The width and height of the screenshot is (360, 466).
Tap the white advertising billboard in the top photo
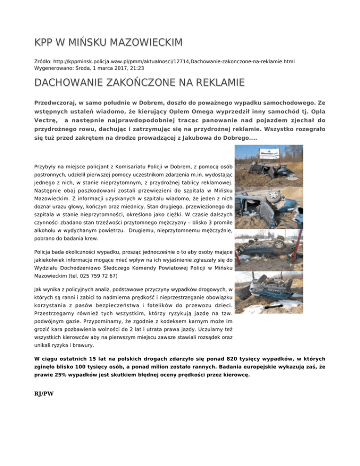click(273, 153)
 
